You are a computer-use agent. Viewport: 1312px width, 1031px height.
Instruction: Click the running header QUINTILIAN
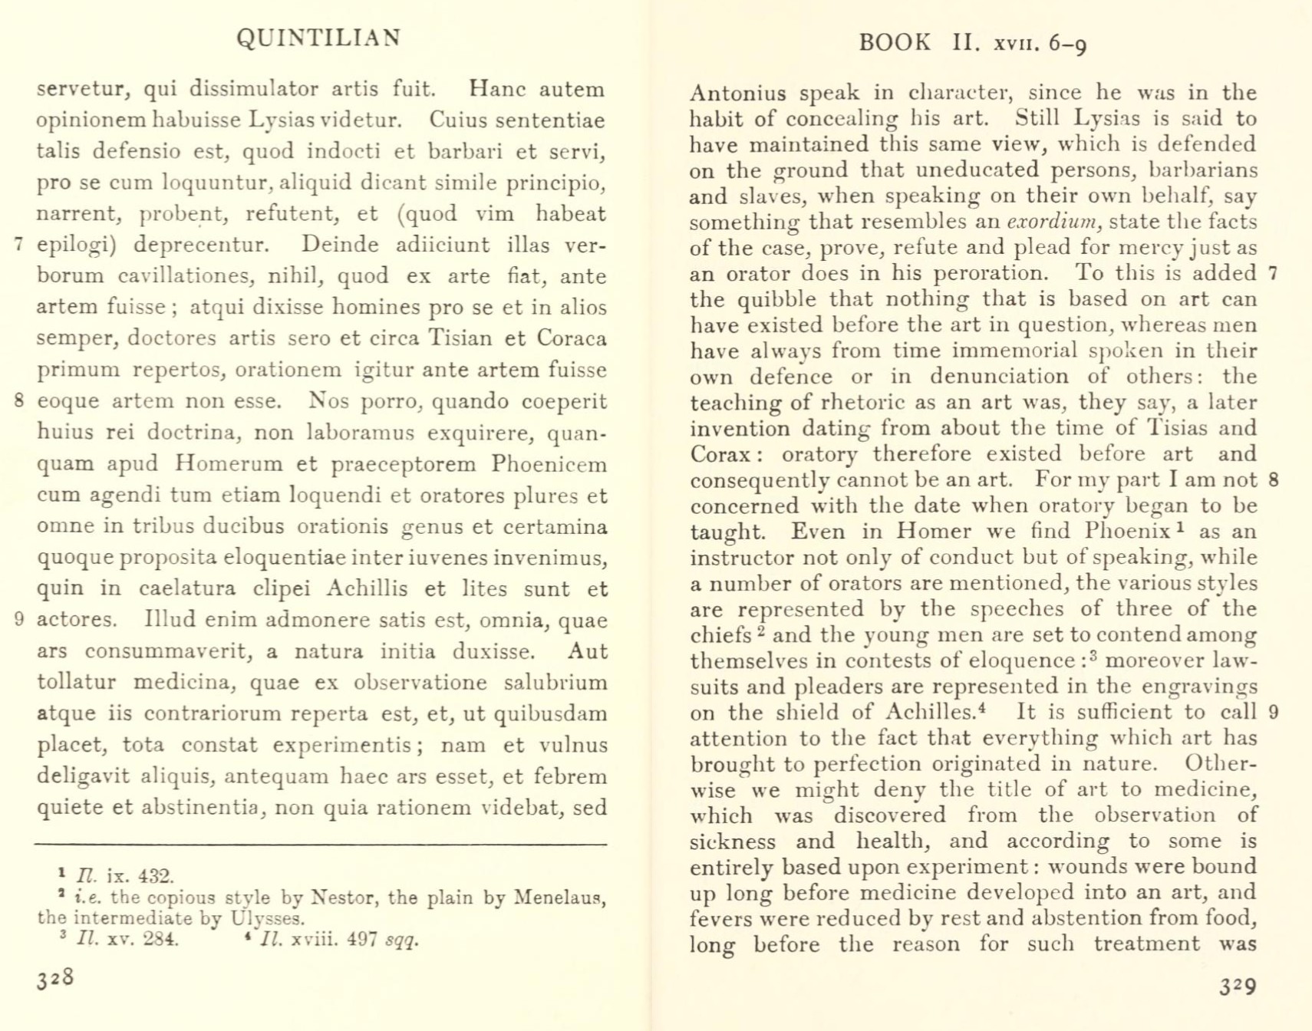click(x=318, y=38)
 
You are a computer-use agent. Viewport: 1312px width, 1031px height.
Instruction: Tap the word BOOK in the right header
click(x=895, y=42)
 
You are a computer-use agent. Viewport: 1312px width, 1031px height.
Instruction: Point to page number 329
click(x=1238, y=986)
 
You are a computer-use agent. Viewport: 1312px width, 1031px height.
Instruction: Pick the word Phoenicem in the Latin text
click(x=549, y=464)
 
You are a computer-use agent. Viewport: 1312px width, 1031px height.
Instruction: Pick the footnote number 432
click(x=157, y=876)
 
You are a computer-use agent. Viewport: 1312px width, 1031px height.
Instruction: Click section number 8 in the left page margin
click(x=19, y=400)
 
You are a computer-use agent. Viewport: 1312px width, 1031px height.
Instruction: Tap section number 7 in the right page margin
click(x=1274, y=273)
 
